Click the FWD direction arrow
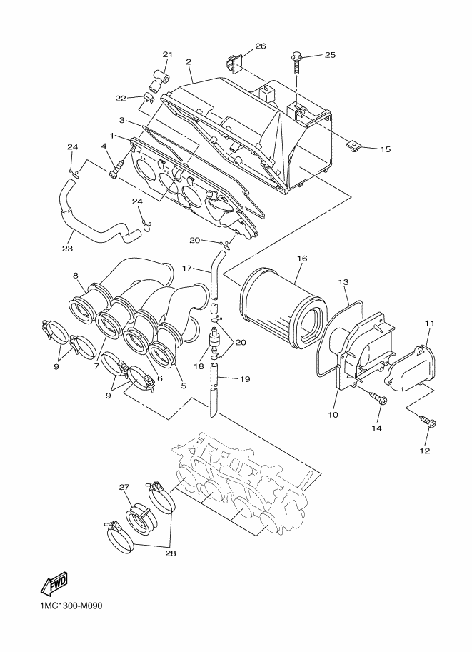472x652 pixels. [x=54, y=583]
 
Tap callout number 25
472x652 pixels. [x=330, y=55]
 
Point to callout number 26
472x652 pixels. [x=261, y=46]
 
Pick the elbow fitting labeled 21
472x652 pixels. [x=159, y=82]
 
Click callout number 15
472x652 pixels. [x=386, y=149]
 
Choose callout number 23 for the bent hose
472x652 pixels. [x=67, y=249]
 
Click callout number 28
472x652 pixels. [x=171, y=553]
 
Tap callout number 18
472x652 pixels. [x=199, y=366]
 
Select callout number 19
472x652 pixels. [x=245, y=378]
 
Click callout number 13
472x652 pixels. [x=343, y=282]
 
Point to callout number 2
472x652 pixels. [x=189, y=61]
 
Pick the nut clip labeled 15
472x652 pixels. [x=353, y=147]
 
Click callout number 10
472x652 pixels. [x=333, y=415]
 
